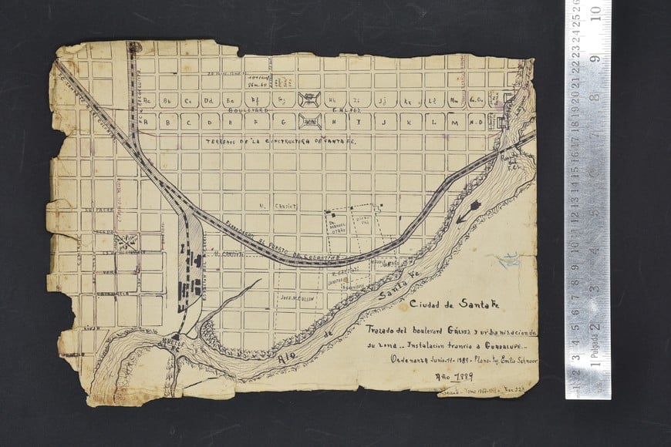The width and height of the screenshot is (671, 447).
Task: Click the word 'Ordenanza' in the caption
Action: coord(407,360)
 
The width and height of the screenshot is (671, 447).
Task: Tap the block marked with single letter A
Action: coord(147,122)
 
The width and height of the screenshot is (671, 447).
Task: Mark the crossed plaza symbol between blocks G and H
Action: coord(311,122)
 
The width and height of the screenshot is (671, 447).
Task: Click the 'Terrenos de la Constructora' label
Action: coord(289,143)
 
